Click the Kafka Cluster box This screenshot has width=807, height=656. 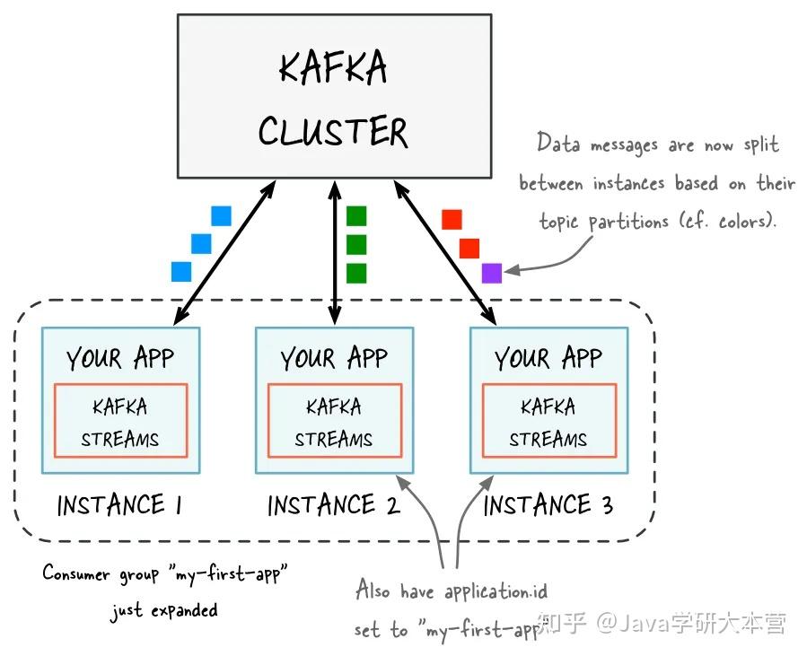click(333, 96)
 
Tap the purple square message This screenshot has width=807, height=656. click(491, 273)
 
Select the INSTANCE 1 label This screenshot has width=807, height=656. click(119, 506)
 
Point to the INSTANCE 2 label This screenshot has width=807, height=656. click(333, 506)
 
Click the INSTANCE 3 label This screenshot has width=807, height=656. click(548, 506)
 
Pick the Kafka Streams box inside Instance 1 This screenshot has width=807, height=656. click(120, 422)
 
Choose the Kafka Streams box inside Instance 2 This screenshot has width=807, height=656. click(333, 422)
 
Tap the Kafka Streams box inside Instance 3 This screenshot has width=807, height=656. click(548, 422)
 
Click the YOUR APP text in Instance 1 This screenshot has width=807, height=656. click(120, 359)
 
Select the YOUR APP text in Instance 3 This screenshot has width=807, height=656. click(548, 359)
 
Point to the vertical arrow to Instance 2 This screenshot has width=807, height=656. click(335, 251)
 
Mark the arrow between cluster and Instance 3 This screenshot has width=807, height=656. click(445, 251)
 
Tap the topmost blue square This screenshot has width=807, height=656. click(221, 216)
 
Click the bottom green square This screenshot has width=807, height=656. click(356, 273)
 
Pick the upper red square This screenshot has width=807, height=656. click(452, 220)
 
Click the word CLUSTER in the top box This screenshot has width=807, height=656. click(333, 133)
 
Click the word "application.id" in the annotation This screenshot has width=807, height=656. click(496, 592)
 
